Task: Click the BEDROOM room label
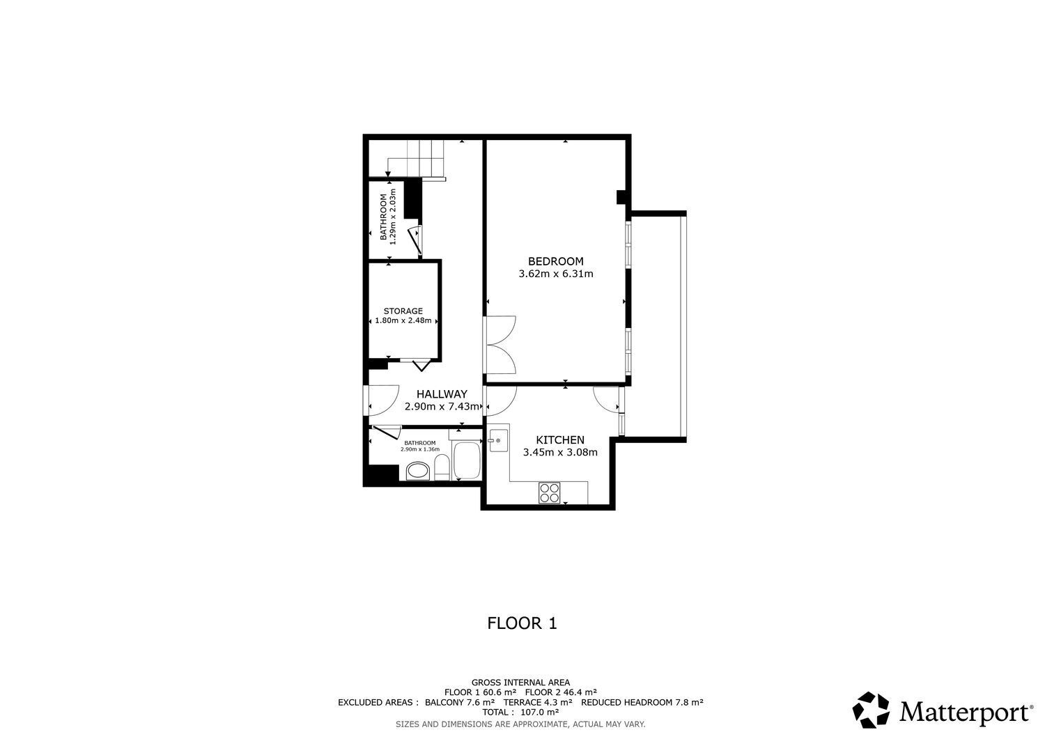pyautogui.click(x=556, y=261)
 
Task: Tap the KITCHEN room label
pyautogui.click(x=560, y=440)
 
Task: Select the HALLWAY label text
pyautogui.click(x=442, y=394)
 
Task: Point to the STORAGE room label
pyautogui.click(x=403, y=311)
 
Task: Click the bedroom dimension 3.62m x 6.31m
pyautogui.click(x=556, y=274)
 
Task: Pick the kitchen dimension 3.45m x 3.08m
pyautogui.click(x=560, y=452)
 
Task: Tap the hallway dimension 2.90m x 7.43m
pyautogui.click(x=442, y=407)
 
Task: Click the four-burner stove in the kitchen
pyautogui.click(x=549, y=493)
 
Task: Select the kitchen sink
pyautogui.click(x=497, y=440)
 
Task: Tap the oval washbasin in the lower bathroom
pyautogui.click(x=417, y=472)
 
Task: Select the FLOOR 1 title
pyautogui.click(x=522, y=623)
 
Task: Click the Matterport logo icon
pyautogui.click(x=871, y=710)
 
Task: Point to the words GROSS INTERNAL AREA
pyautogui.click(x=520, y=683)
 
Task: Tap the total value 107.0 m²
pyautogui.click(x=539, y=713)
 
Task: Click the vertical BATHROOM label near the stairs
pyautogui.click(x=383, y=217)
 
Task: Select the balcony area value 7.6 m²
pyautogui.click(x=481, y=703)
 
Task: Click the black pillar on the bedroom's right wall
pyautogui.click(x=621, y=197)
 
